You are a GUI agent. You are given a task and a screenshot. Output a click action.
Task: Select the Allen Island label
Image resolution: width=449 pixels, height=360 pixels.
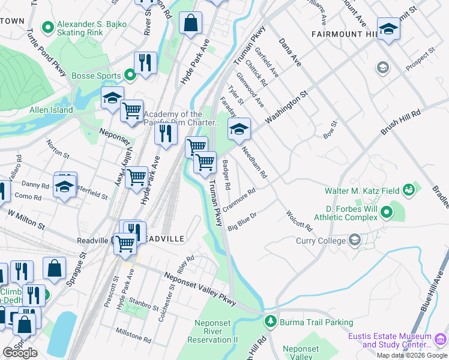tap(51, 110)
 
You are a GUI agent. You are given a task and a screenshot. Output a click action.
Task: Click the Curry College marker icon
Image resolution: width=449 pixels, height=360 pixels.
tap(355, 241)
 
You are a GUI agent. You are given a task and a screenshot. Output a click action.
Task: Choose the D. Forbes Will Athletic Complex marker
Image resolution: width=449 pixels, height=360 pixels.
tap(387, 212)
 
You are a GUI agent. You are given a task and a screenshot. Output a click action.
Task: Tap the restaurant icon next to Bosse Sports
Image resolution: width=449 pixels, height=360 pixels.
tap(145, 62)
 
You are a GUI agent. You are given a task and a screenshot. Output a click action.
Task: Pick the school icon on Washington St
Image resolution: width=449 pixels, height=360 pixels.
tap(239, 129)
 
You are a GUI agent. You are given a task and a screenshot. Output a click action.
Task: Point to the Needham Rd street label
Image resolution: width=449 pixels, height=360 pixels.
tap(254, 164)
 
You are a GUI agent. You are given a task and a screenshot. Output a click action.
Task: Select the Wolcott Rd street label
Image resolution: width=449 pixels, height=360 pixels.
tap(300, 221)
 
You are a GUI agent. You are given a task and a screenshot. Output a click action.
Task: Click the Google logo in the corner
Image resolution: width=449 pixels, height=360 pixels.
tap(20, 352)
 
